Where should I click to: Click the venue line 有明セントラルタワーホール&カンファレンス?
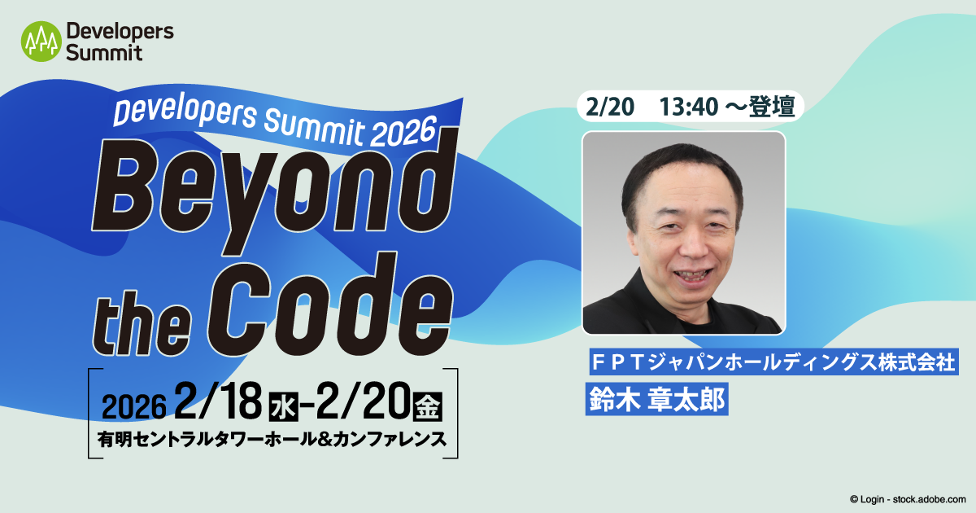click(x=272, y=439)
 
